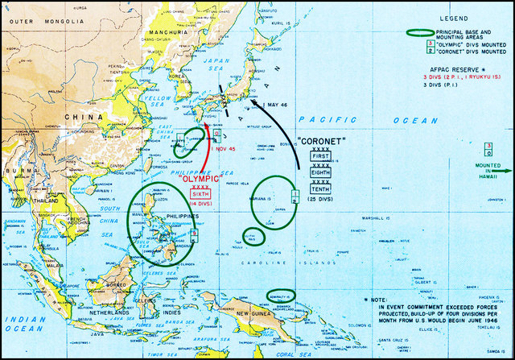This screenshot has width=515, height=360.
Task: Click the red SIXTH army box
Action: [201, 194]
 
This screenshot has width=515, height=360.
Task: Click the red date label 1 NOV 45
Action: [223, 148]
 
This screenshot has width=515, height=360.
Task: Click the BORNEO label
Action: [120, 283]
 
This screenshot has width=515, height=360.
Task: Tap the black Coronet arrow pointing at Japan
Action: [282, 121]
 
